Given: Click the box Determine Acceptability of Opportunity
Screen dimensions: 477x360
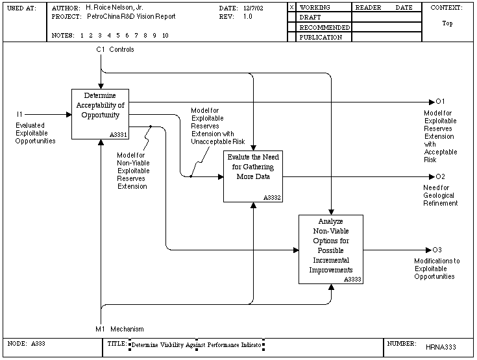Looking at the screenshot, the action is click(x=100, y=114).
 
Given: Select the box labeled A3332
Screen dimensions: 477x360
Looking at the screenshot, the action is click(x=253, y=176).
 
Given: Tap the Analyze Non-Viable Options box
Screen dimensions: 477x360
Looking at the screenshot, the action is click(x=331, y=249).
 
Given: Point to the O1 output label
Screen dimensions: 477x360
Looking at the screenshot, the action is click(x=440, y=101).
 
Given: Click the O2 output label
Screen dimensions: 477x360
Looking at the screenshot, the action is click(x=440, y=176).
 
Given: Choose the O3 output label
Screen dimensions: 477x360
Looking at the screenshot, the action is click(x=437, y=250).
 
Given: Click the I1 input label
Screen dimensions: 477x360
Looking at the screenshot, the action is click(x=19, y=114).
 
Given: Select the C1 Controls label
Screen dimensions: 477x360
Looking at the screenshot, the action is click(x=115, y=49).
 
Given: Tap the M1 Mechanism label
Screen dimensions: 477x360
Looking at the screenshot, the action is click(x=119, y=329).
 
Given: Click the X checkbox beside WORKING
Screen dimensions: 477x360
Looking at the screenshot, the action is click(x=292, y=7).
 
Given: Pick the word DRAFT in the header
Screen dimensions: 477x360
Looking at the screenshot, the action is click(x=310, y=18).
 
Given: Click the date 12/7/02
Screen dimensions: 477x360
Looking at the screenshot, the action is click(x=253, y=8).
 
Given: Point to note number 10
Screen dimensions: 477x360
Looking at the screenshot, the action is click(x=165, y=36).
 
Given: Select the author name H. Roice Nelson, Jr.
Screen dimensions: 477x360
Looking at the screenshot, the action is click(x=114, y=8).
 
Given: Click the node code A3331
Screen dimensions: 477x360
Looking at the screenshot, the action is click(x=118, y=135).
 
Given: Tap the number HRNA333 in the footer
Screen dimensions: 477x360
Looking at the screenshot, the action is click(x=441, y=347).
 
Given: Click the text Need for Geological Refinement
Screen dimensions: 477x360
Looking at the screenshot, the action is click(x=440, y=195).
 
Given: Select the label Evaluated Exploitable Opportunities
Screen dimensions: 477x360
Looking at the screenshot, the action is click(x=35, y=133).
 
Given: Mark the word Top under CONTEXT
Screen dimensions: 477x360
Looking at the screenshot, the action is click(x=447, y=23).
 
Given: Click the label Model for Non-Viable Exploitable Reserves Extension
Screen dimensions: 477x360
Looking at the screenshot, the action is click(x=133, y=171).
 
